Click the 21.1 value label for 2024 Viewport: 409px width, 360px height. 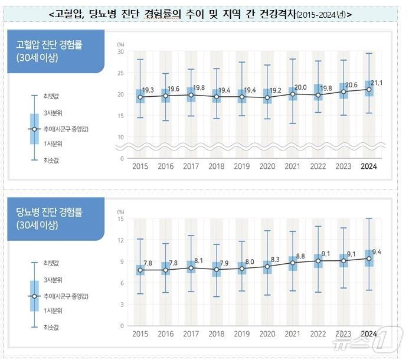(x=376, y=83)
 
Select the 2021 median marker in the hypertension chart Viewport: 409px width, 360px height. (x=293, y=94)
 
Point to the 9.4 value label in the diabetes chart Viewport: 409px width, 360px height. (x=377, y=252)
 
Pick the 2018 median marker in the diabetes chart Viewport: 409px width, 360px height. (x=216, y=270)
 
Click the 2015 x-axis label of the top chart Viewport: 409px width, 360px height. (x=140, y=167)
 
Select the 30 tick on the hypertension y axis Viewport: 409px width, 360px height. (x=120, y=52)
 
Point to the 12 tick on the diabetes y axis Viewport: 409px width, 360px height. (x=120, y=240)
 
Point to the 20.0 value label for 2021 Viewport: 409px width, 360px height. (x=300, y=86)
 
